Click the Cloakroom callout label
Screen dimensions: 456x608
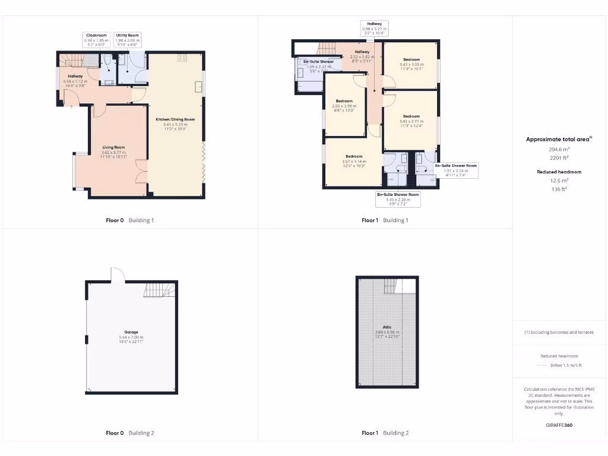(95, 40)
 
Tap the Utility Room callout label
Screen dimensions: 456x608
(128, 40)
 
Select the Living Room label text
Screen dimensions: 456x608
(113, 147)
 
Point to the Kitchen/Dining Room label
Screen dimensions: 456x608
(175, 120)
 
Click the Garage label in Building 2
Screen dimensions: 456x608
(131, 332)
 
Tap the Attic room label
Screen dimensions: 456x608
(387, 327)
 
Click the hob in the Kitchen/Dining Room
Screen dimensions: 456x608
(182, 58)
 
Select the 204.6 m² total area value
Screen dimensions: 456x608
(558, 150)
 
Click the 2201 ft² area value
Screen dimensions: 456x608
(558, 158)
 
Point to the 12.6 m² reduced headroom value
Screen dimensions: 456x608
(558, 180)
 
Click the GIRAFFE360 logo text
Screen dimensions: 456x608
(559, 425)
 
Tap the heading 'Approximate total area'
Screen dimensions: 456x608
(558, 140)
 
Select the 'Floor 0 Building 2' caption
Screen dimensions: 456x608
(129, 433)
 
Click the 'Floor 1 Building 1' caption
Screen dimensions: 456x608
(385, 220)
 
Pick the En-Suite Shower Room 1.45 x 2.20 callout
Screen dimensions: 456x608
(398, 199)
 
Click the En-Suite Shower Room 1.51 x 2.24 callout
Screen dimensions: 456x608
(456, 170)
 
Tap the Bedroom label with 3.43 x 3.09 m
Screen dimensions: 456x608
(411, 60)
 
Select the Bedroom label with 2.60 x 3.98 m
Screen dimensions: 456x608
(344, 102)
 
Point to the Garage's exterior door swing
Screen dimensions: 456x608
(117, 274)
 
